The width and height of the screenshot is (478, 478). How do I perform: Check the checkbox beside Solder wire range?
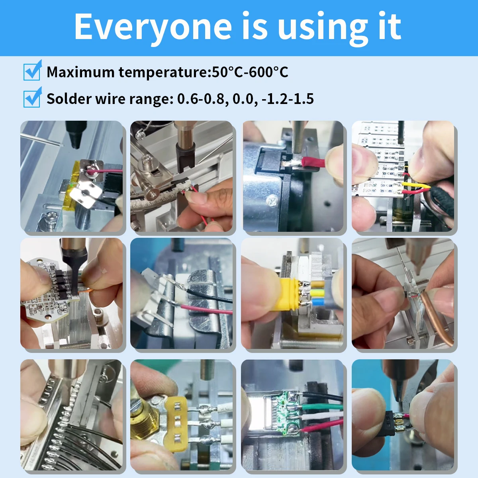pyautogui.click(x=32, y=97)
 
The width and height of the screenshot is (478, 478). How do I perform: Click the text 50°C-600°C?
pyautogui.click(x=250, y=72)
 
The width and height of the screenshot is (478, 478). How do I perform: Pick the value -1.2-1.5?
pyautogui.click(x=288, y=99)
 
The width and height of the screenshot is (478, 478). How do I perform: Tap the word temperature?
pyautogui.click(x=163, y=72)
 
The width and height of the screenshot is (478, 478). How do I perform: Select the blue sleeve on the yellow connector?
pyautogui.click(x=319, y=302)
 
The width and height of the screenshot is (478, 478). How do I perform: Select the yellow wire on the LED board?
pyautogui.click(x=416, y=185)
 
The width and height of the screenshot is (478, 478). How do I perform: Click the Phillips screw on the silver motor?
pyautogui.click(x=272, y=200)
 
